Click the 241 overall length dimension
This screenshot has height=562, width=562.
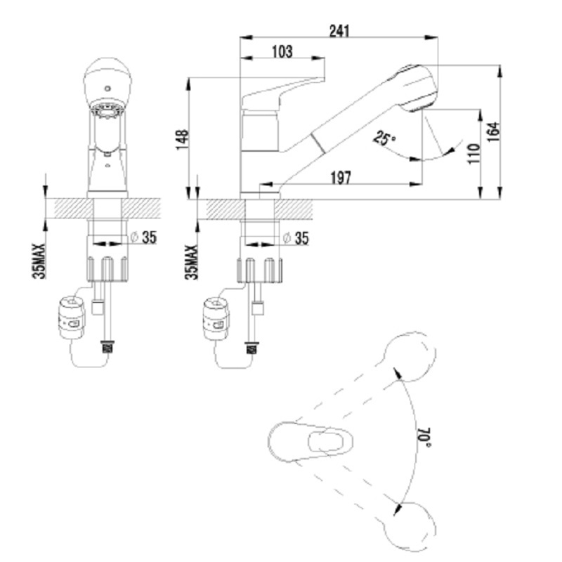click(x=339, y=31)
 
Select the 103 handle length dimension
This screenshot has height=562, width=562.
click(x=282, y=51)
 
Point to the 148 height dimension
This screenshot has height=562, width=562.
click(x=183, y=140)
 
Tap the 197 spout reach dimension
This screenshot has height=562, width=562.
click(x=341, y=178)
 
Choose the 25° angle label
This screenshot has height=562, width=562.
click(x=384, y=138)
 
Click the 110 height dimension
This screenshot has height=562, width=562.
click(x=473, y=154)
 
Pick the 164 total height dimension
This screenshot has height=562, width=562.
click(x=494, y=132)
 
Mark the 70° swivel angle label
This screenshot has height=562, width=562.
click(x=424, y=437)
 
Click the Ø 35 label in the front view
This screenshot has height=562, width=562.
click(x=144, y=237)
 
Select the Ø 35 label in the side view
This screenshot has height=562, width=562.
click(x=296, y=238)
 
